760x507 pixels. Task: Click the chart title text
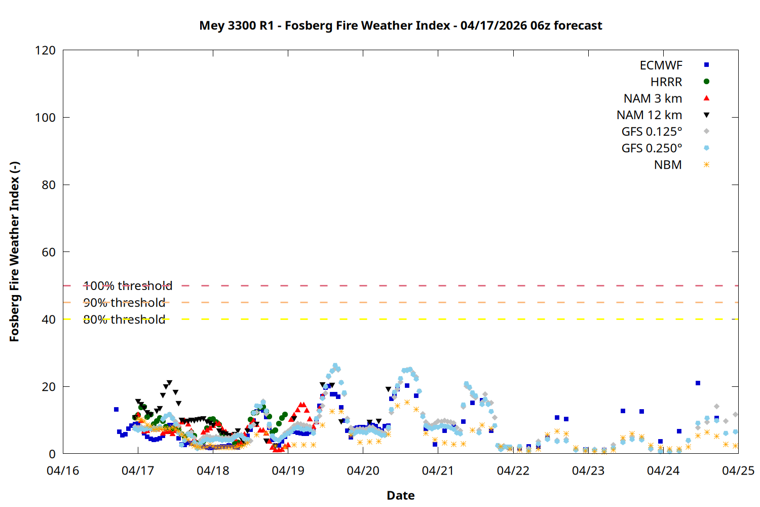(400, 25)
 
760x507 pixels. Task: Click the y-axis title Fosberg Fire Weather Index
(14, 251)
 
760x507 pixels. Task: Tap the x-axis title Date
(400, 495)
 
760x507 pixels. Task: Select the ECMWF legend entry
(661, 65)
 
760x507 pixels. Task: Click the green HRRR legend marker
(706, 82)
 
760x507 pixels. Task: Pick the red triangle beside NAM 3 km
(706, 98)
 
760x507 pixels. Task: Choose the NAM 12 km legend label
(649, 115)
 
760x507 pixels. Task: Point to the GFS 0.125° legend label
(652, 132)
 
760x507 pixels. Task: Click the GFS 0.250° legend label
(652, 149)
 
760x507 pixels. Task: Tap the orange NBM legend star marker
(706, 165)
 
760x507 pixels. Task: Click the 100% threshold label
(128, 286)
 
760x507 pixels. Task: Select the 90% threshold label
(124, 303)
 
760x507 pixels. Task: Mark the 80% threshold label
(124, 319)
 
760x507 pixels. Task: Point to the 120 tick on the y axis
(46, 50)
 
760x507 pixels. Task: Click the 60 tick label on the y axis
(49, 252)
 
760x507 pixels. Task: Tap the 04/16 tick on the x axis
(63, 470)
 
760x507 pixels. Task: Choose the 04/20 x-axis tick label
(363, 470)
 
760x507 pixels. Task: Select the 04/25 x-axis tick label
(738, 470)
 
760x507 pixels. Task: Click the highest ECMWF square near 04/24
(698, 383)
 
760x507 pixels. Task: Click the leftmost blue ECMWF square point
(116, 410)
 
